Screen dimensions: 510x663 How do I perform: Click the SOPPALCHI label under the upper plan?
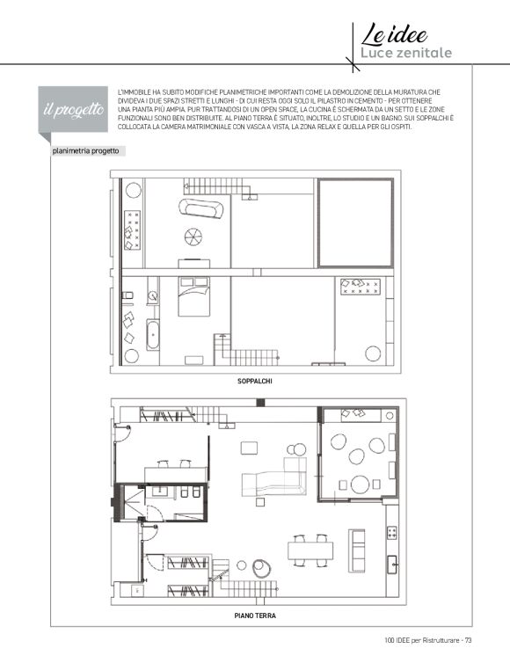click(x=255, y=381)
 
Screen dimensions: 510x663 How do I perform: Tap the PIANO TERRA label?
click(x=255, y=616)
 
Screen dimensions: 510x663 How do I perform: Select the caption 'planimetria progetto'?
click(x=86, y=151)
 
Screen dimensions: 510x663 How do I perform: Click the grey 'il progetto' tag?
click(x=73, y=109)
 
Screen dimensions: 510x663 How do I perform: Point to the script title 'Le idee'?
click(x=394, y=34)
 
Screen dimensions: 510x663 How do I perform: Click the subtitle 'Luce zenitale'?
click(x=406, y=53)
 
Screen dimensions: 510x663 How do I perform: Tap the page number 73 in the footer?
click(x=468, y=640)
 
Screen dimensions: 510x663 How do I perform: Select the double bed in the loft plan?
click(x=193, y=296)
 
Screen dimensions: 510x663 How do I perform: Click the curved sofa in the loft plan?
click(x=201, y=208)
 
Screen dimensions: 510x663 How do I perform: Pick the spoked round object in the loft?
click(x=193, y=237)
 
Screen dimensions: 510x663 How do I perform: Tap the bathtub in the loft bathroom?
click(x=153, y=335)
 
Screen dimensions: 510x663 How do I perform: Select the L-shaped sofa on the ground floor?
click(x=274, y=477)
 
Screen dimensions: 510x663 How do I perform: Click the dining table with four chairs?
click(x=310, y=550)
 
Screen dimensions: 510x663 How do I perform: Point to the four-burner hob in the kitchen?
click(x=392, y=532)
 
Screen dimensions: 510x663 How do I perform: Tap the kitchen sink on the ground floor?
click(x=392, y=564)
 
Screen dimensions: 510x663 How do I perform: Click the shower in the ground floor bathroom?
click(x=133, y=500)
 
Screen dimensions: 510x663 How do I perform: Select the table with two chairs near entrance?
click(x=176, y=471)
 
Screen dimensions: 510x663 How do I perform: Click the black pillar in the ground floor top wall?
click(x=260, y=403)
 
